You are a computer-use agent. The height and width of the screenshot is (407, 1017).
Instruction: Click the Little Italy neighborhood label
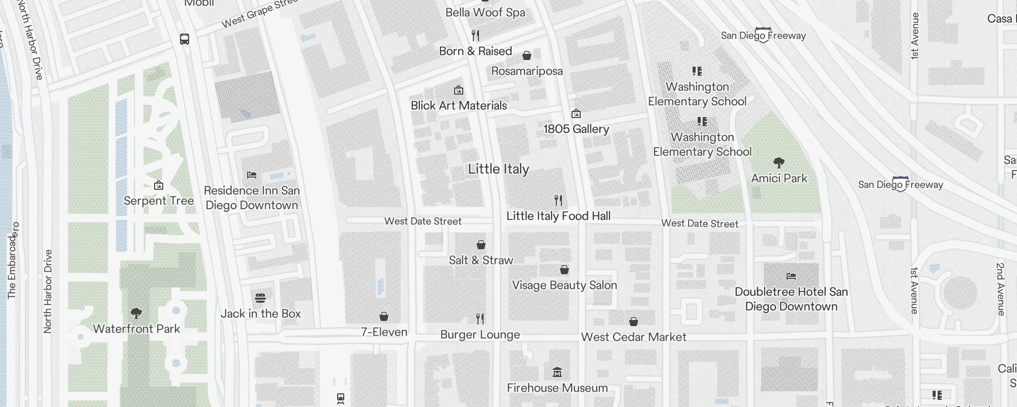coord(498,169)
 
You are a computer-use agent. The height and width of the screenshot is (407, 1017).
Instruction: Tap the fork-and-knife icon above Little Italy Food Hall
coord(558,200)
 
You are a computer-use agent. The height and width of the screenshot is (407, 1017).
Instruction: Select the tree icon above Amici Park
coord(779,163)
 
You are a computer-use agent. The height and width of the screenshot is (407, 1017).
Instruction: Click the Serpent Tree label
coord(159,201)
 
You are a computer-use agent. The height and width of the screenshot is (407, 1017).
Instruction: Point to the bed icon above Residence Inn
coord(252,175)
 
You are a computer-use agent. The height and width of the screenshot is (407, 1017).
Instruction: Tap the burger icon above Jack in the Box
coord(260,298)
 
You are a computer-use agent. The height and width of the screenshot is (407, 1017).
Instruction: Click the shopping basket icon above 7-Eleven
coord(384,316)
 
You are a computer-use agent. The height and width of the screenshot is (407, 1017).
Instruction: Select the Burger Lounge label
coord(480,335)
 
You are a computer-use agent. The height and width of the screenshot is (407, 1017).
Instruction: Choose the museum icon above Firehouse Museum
coord(557,372)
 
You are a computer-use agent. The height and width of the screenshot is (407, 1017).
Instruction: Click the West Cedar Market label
coord(634,337)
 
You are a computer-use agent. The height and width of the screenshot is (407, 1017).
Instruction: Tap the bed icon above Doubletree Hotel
coord(791,276)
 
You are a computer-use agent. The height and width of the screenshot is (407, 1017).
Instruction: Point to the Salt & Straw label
coord(481,260)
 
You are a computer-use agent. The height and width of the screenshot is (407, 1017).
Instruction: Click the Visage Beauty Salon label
coord(564,285)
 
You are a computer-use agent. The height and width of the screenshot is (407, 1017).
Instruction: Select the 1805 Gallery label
coord(576,129)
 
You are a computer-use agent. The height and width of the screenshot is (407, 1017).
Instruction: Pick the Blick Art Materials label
coord(459,106)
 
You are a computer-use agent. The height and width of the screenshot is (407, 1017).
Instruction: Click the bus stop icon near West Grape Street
coord(185,39)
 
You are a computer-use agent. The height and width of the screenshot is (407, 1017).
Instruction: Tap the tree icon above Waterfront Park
coord(136,313)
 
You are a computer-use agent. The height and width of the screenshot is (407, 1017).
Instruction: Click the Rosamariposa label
coord(527,71)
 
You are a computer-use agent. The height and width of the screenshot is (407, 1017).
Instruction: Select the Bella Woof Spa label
coord(485,13)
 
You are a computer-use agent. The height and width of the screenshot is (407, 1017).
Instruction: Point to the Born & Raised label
coord(475,51)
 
